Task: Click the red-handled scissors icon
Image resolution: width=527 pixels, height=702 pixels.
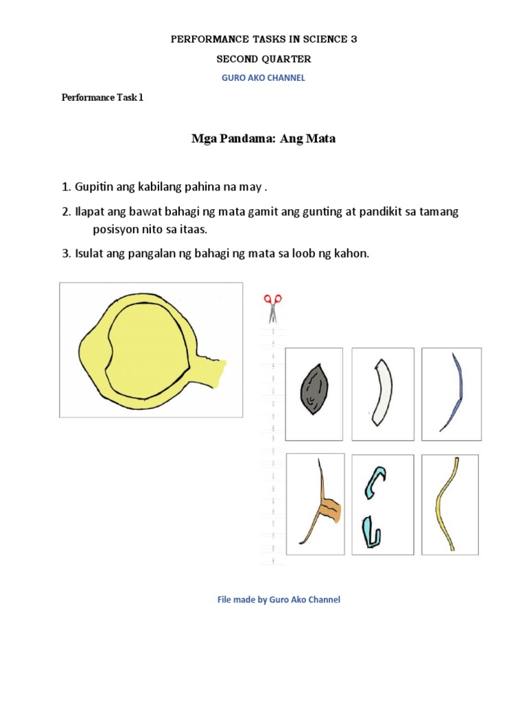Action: point(272,308)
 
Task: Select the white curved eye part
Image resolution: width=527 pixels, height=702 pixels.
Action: point(382,391)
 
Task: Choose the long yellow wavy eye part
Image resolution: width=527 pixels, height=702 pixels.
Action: point(448,504)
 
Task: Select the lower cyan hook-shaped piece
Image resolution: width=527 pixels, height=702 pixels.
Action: point(371,532)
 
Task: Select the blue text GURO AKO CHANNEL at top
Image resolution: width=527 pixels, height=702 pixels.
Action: point(263,78)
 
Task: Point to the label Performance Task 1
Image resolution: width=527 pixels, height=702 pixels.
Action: point(103,97)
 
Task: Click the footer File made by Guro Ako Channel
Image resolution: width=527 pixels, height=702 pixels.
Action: point(279,599)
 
